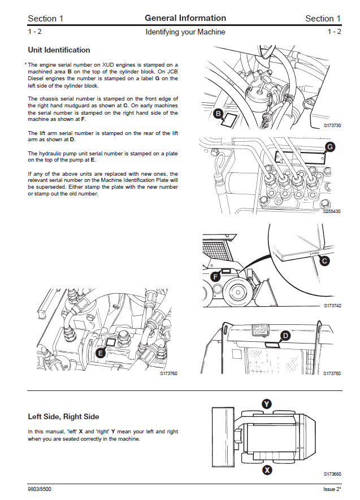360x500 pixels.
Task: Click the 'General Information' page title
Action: coord(185,18)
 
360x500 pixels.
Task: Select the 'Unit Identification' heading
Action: coord(59,50)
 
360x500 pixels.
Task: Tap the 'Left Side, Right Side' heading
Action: coord(63,417)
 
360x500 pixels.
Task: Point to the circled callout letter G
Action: coord(330,147)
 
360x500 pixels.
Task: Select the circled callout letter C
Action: coord(324,260)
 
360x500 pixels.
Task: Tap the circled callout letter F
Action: coord(215,277)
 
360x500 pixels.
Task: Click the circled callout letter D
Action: coord(286,336)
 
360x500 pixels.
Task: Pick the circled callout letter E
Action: coord(100,353)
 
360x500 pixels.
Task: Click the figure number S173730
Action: coord(332,125)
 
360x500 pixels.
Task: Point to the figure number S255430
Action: coord(332,211)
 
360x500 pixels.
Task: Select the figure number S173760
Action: coord(168,373)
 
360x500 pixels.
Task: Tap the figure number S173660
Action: coord(332,474)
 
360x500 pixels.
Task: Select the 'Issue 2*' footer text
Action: coord(328,488)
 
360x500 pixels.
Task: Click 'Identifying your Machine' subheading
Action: coord(185,32)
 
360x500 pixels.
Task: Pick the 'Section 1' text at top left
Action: coord(46,19)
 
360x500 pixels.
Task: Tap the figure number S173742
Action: coord(332,306)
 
